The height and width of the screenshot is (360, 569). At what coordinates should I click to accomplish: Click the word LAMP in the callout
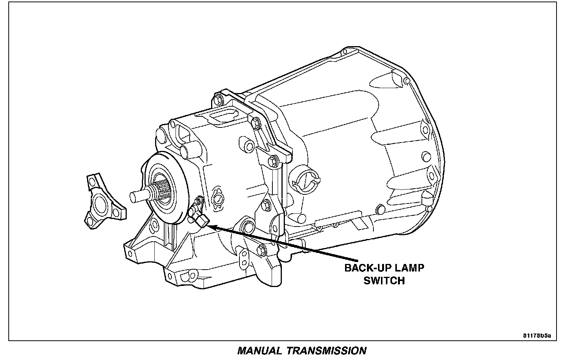coord(409,268)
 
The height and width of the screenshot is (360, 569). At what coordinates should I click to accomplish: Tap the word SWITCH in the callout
coord(384,281)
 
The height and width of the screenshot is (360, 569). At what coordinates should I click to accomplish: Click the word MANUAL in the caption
coord(259,351)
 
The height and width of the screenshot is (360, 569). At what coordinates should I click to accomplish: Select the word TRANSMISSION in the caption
coord(326,351)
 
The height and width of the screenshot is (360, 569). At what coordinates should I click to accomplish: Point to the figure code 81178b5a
coord(537,335)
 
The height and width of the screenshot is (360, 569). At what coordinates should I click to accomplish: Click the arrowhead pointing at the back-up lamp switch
coord(213,227)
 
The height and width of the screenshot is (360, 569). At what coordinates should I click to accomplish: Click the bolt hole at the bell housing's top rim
coord(406,81)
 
